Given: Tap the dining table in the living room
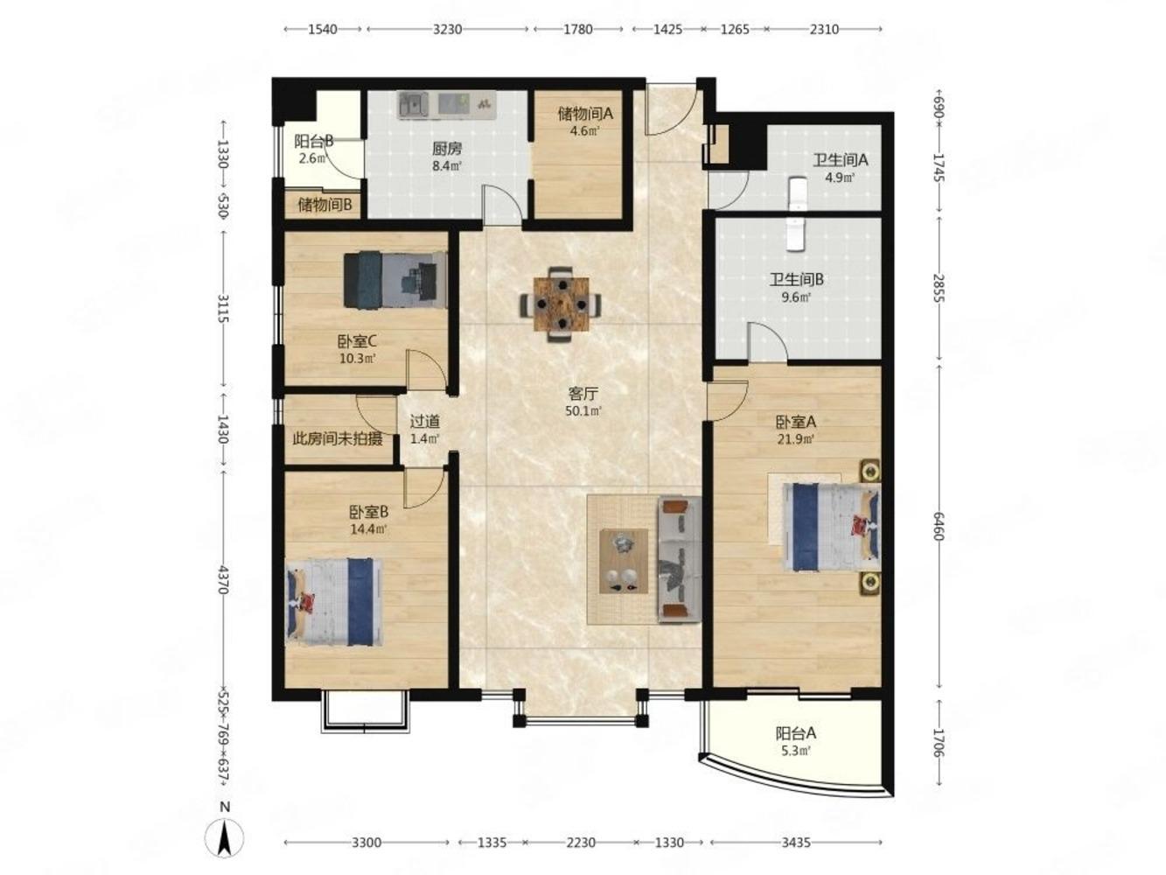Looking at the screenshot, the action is (561, 304).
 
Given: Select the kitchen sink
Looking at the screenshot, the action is (413, 104).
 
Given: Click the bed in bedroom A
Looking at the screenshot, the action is (830, 527).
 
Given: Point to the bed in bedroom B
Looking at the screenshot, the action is (334, 601).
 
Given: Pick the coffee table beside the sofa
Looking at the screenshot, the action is (623, 561).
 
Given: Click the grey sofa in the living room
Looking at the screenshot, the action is (679, 559).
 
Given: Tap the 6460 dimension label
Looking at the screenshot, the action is (938, 526).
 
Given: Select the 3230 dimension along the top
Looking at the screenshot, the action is (447, 29).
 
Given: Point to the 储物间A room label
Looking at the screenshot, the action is (585, 113).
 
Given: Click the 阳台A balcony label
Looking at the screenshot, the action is (796, 733).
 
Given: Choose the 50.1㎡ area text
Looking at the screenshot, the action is (583, 410).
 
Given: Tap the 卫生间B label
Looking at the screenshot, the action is (797, 279).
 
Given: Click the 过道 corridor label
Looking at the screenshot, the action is (425, 422).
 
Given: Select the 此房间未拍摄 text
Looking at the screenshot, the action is (338, 439).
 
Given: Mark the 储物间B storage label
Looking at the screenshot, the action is (325, 205).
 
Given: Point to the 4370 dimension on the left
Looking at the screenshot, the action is (225, 579).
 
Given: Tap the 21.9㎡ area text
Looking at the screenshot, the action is (796, 439).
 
